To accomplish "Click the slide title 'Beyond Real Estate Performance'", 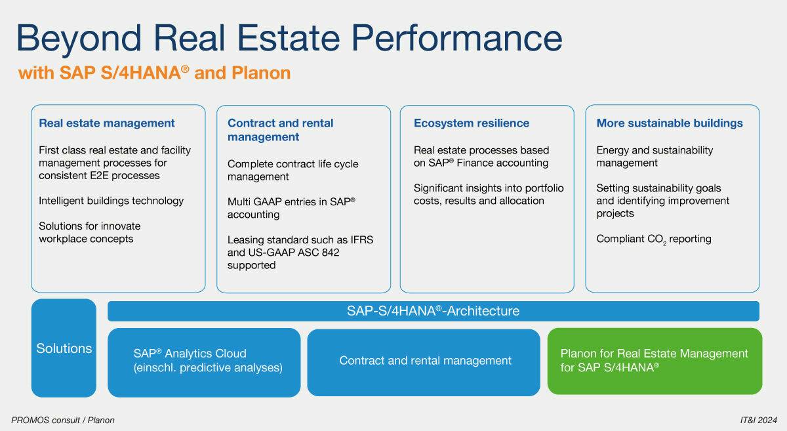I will (x=289, y=38).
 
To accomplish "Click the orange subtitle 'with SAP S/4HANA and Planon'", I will (x=154, y=72).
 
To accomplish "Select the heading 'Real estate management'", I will (x=107, y=123).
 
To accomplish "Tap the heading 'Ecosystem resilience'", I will (x=471, y=123).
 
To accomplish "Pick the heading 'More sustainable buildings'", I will (x=670, y=123).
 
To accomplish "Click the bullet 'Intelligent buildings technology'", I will (x=111, y=201).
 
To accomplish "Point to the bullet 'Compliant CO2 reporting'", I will (x=654, y=239).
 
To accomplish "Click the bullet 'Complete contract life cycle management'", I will (x=293, y=170).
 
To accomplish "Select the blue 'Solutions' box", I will (x=64, y=348).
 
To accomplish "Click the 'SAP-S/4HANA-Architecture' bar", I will (x=433, y=311).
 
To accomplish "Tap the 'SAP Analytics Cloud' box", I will (x=204, y=361).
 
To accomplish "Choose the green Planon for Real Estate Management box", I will (x=654, y=361).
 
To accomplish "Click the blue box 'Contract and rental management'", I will (x=425, y=361).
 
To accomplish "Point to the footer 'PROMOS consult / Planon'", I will (x=63, y=420).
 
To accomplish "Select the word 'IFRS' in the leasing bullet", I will (x=360, y=239).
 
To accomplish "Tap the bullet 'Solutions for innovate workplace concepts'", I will (x=89, y=232).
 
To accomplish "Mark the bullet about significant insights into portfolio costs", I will (x=488, y=194).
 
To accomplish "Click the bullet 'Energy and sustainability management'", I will (x=655, y=156).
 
